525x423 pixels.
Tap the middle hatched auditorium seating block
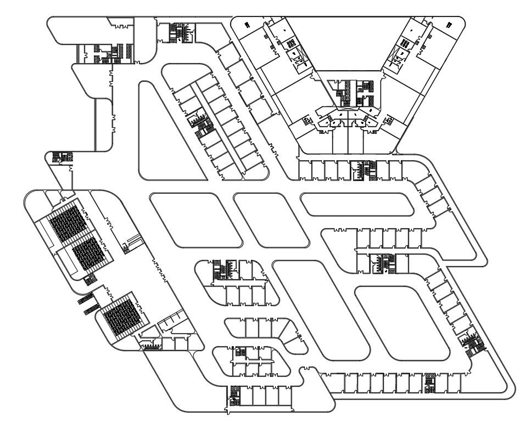pos(90,255)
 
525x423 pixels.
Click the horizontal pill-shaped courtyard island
pos(357,204)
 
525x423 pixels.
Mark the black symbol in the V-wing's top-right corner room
pos(449,24)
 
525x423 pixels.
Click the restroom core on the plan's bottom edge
pos(234,396)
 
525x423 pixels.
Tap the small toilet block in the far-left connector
pos(58,157)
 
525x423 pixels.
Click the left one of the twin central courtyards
pos(195,219)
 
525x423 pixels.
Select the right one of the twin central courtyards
pos(272,219)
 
